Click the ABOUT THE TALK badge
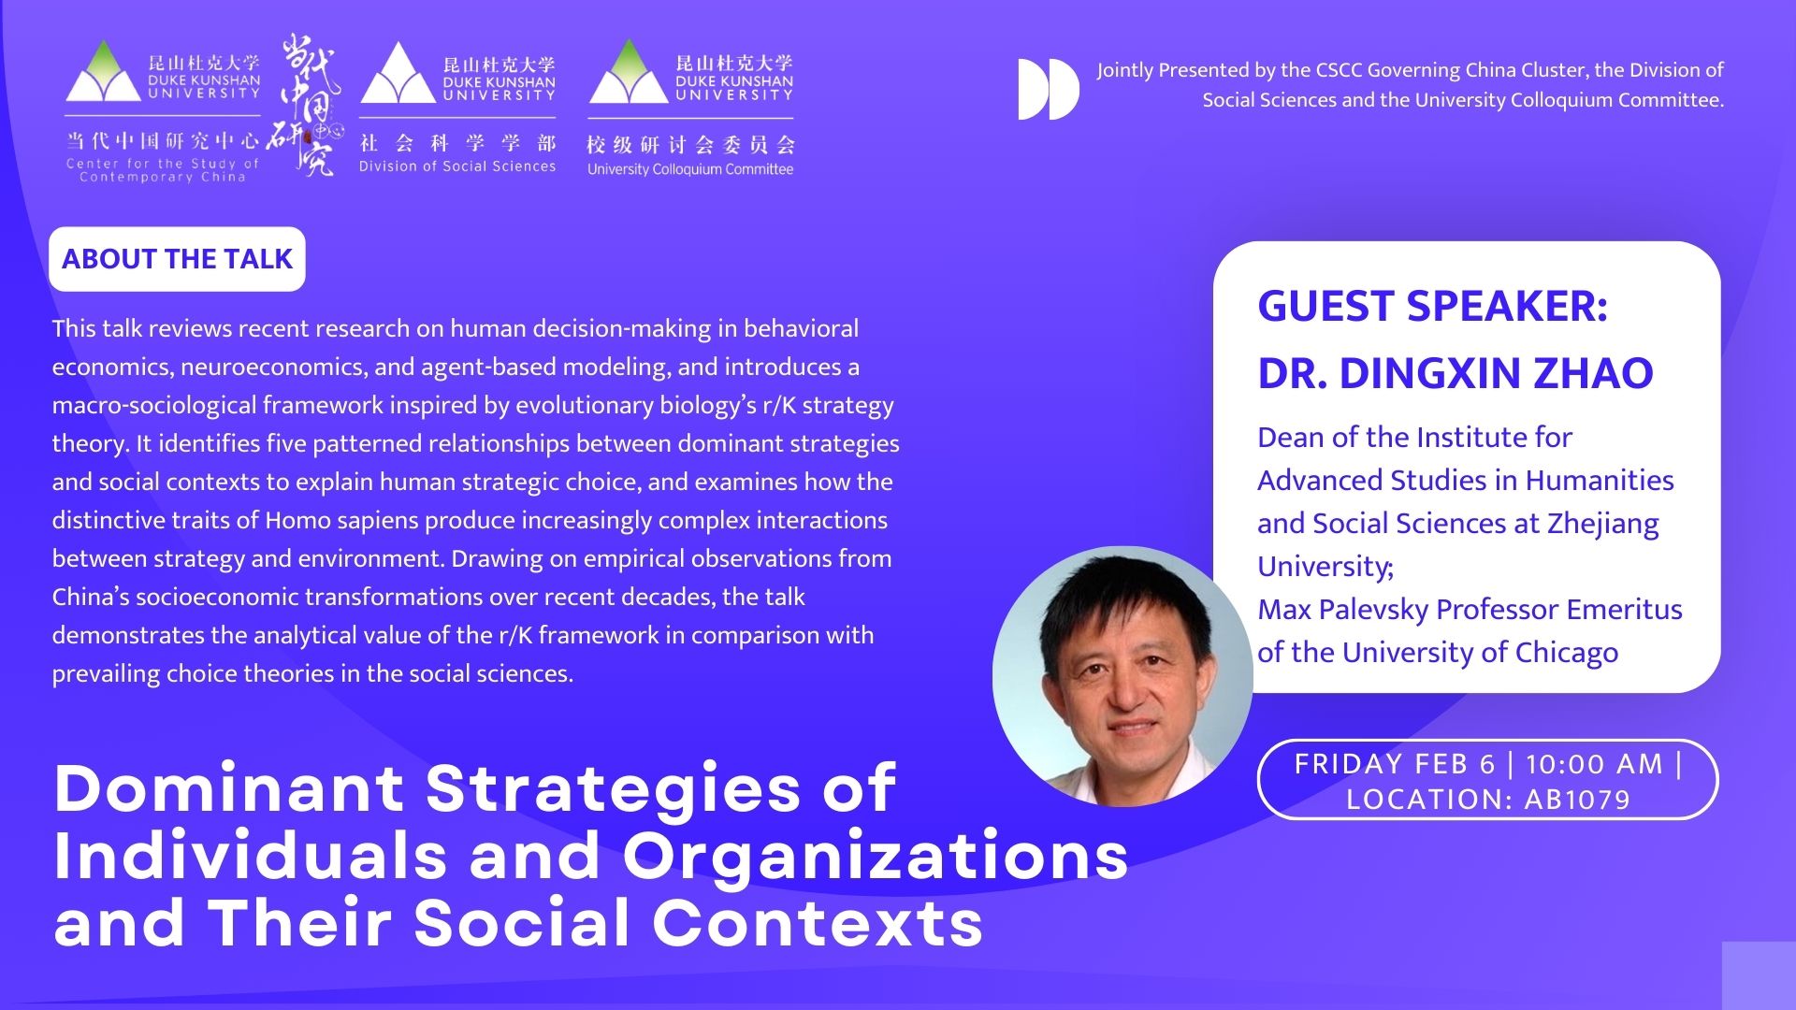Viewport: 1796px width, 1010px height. [177, 259]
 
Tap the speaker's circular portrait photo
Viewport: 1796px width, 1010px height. [1122, 676]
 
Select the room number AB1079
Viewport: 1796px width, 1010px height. [1577, 800]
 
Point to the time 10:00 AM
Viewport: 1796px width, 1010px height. [1594, 764]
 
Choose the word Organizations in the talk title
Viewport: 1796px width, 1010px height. [876, 855]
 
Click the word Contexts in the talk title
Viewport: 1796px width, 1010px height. [818, 922]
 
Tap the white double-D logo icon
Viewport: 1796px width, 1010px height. [1048, 90]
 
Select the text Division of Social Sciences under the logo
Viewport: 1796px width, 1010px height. [457, 166]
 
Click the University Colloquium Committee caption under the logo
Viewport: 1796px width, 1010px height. [690, 169]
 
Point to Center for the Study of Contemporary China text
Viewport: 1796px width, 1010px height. [163, 170]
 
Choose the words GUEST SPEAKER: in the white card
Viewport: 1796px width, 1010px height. [1432, 306]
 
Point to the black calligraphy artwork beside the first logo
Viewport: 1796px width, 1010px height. [304, 105]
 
